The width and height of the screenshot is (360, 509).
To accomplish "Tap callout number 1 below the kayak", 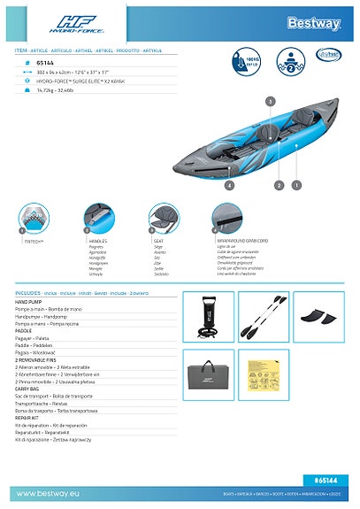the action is click(x=295, y=185).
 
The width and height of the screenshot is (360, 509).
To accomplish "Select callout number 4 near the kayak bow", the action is click(x=229, y=186).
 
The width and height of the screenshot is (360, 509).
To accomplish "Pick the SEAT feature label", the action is click(x=158, y=240).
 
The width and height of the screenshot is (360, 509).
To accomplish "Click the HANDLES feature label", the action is click(x=98, y=240).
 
